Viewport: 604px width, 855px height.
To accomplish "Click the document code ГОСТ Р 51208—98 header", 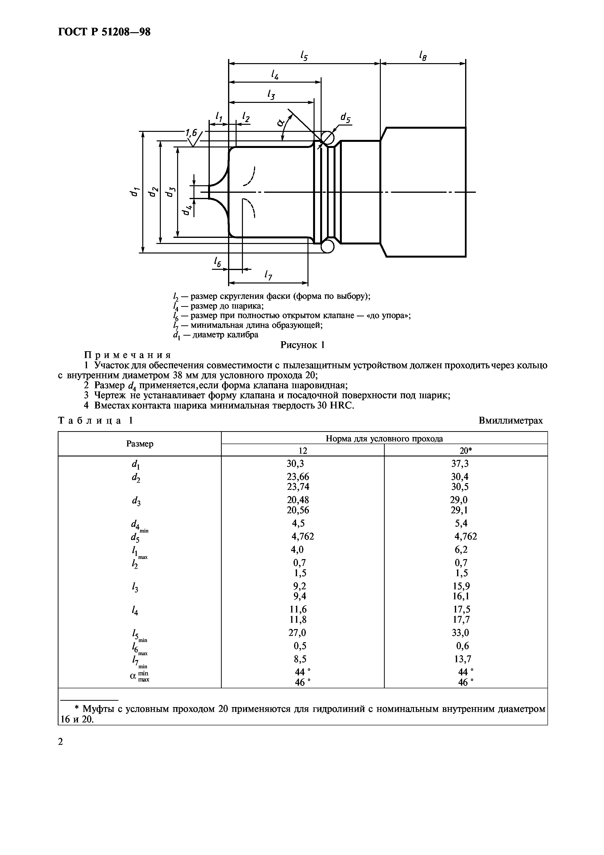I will pyautogui.click(x=104, y=32).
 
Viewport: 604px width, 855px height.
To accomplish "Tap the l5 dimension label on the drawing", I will pyautogui.click(x=304, y=56).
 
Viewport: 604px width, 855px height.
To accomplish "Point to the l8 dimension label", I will pyautogui.click(x=422, y=56).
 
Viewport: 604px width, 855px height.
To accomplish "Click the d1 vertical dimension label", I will pyautogui.click(x=134, y=192).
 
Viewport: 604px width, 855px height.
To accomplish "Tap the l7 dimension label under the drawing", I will pyautogui.click(x=268, y=276).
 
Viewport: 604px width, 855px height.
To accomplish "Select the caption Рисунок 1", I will pyautogui.click(x=302, y=345).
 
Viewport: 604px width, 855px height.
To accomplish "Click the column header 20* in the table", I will pyautogui.click(x=466, y=451).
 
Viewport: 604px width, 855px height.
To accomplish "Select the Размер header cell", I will pyautogui.click(x=140, y=444).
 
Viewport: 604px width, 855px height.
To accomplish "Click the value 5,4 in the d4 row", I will pyautogui.click(x=461, y=524).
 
